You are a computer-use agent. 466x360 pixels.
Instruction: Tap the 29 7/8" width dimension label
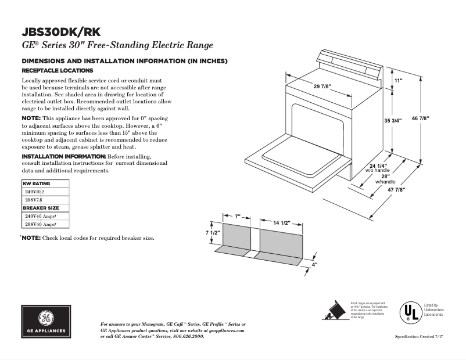[x=322, y=86]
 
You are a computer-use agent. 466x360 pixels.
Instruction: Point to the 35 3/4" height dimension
[x=394, y=121]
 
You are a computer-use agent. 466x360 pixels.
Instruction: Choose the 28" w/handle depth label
[x=385, y=179]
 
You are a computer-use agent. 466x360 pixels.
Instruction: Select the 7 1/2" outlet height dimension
[x=213, y=232]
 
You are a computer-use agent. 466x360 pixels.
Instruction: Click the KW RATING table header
[x=37, y=183]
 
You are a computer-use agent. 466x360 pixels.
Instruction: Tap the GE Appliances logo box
[x=45, y=322]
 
